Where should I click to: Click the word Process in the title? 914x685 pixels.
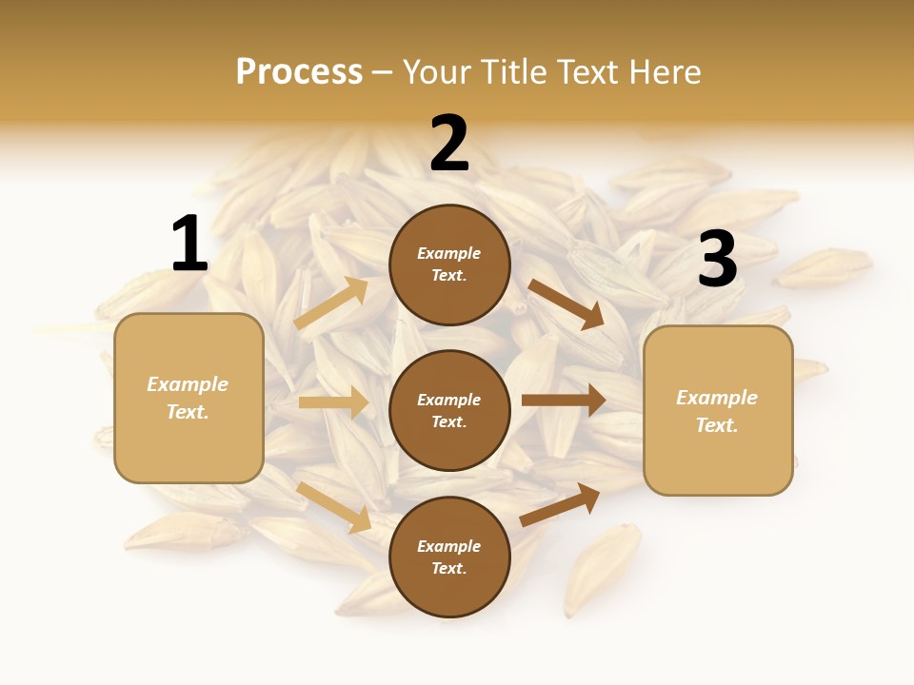(x=299, y=71)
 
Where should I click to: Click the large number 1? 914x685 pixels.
(x=189, y=244)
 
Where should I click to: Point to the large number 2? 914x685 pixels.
(x=449, y=144)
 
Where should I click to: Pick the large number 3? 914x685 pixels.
(x=717, y=259)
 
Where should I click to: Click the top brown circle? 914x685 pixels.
(x=449, y=264)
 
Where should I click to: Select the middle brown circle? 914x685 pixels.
(x=449, y=410)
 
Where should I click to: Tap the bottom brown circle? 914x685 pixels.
(x=449, y=557)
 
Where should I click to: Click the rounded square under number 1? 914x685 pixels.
(x=189, y=398)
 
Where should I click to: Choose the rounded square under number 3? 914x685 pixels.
(x=718, y=411)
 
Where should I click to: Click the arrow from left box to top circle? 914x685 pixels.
(x=331, y=303)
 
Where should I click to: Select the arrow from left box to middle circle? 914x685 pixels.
(x=333, y=402)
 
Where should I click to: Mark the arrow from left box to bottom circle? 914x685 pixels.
(x=334, y=506)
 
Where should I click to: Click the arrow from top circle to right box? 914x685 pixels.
(x=566, y=304)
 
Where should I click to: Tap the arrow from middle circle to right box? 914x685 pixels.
(x=564, y=401)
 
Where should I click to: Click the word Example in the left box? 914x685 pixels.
(x=188, y=384)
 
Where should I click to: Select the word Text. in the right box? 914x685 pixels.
(x=717, y=425)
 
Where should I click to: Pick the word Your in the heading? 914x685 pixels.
(x=436, y=71)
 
